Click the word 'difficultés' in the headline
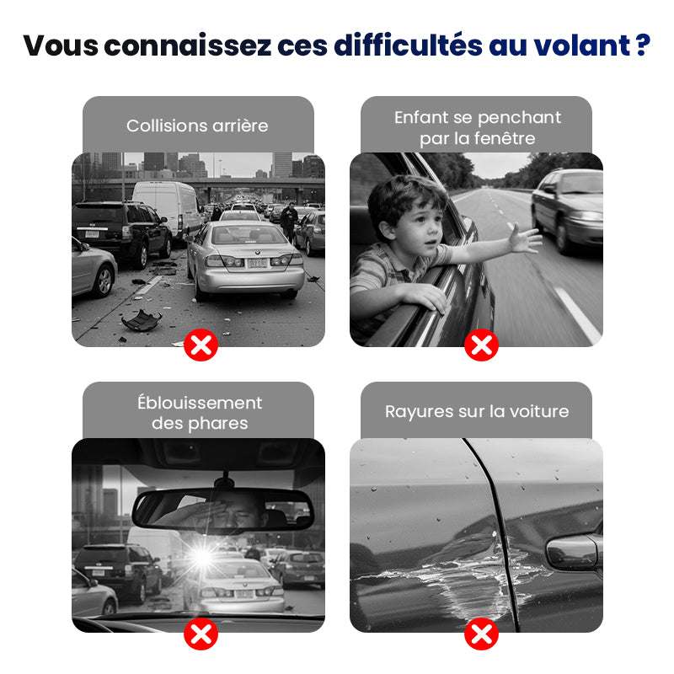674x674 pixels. click(408, 45)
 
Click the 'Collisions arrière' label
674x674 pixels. click(197, 126)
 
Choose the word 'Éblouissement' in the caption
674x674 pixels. click(200, 402)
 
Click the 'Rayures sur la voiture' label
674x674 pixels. click(477, 411)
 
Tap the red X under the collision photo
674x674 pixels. click(201, 345)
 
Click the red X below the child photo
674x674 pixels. click(481, 345)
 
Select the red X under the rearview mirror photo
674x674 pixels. click(201, 634)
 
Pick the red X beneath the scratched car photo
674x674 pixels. click(481, 634)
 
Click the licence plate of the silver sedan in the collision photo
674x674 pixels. click(257, 263)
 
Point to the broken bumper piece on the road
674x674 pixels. click(142, 320)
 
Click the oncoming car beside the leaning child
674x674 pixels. click(568, 210)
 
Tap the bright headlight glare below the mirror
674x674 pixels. click(202, 557)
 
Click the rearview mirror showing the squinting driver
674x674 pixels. click(223, 510)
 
